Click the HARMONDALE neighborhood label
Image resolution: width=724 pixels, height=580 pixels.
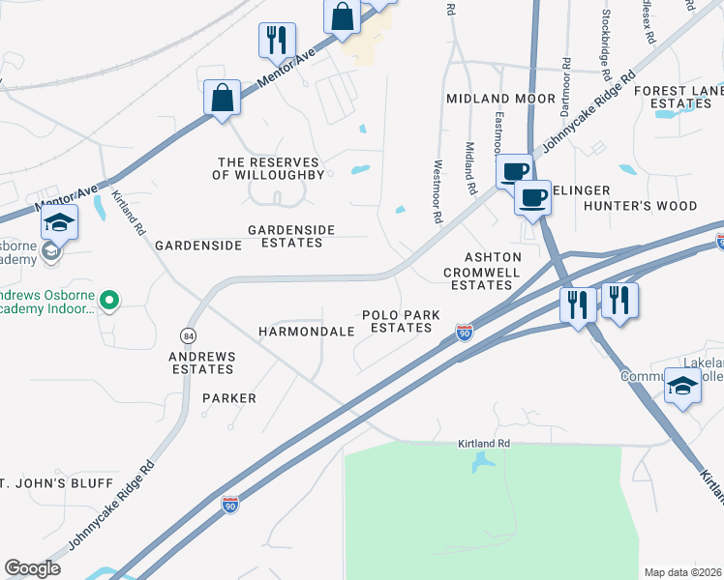click(306, 332)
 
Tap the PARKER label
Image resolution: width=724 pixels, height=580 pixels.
click(229, 398)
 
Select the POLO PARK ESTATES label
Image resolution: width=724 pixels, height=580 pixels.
click(396, 322)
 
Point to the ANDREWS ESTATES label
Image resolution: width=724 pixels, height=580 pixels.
click(203, 362)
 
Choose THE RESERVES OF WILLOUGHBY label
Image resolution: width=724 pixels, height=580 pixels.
click(270, 168)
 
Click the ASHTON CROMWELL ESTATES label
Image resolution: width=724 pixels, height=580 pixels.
click(480, 271)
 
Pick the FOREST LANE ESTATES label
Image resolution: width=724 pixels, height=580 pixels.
click(679, 97)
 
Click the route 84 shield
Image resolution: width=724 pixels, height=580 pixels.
click(187, 334)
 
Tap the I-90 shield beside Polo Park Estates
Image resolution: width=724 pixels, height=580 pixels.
click(465, 333)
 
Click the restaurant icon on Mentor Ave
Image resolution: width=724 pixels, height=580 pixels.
click(277, 41)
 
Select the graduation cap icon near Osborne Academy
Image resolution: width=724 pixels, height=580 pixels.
click(59, 223)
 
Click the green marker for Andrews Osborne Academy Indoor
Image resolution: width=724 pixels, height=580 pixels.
click(109, 302)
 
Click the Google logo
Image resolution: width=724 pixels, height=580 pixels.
click(32, 568)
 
